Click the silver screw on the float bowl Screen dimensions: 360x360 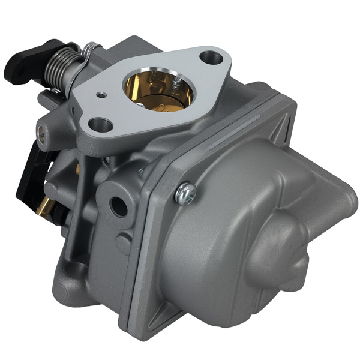click(x=185, y=191)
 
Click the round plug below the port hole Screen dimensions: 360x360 click(x=122, y=243)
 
